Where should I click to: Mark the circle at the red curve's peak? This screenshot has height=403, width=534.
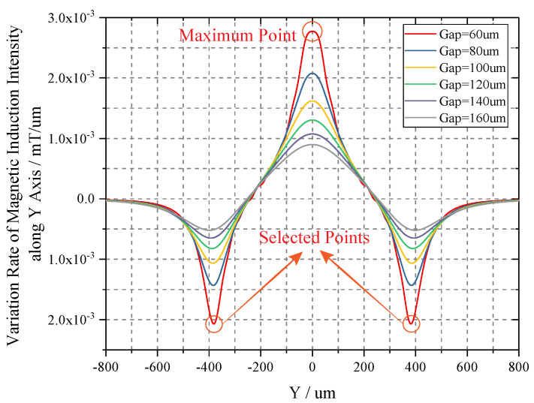click(x=312, y=31)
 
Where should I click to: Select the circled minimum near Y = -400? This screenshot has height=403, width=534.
click(x=214, y=324)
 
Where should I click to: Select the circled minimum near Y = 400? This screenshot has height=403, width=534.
click(x=411, y=324)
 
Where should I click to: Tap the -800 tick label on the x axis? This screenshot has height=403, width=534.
click(x=106, y=367)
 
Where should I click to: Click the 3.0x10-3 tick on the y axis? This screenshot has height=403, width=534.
click(x=71, y=18)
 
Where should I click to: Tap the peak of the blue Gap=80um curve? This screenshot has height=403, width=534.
click(x=312, y=73)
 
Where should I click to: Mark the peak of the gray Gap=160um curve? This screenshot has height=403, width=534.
click(x=312, y=145)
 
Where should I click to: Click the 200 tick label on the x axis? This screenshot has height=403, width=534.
click(x=364, y=367)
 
